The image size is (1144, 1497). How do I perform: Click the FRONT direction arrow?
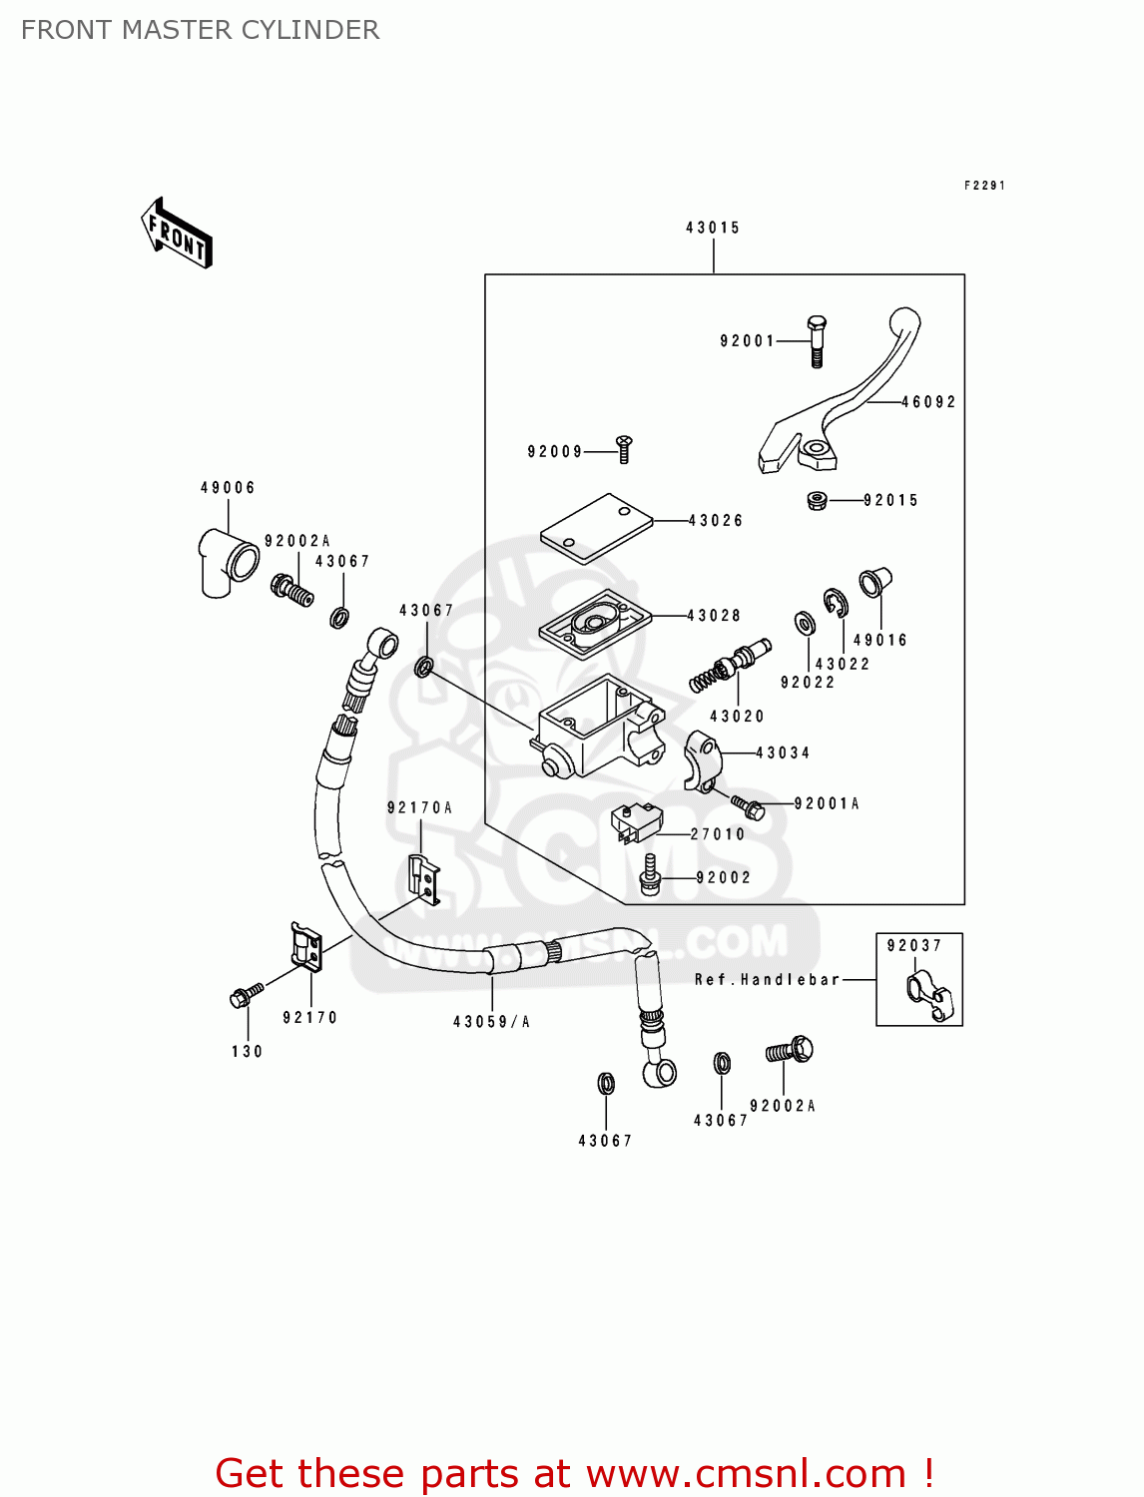177,234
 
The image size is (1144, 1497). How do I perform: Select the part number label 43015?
713,228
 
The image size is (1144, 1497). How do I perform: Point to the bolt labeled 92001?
816,341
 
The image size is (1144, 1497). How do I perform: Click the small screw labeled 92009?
625,448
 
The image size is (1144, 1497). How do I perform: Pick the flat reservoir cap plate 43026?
596,527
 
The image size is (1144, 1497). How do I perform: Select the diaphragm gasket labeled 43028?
595,623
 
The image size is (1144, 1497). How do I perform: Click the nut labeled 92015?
817,500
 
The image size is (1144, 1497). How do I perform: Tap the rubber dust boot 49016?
873,582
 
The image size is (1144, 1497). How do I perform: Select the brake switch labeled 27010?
637,823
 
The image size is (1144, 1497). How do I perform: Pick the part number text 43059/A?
491,1022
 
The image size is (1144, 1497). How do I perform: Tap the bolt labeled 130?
245,995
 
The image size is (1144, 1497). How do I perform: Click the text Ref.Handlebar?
767,980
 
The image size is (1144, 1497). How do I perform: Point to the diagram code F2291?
984,186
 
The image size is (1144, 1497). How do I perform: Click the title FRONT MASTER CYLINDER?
200,30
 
